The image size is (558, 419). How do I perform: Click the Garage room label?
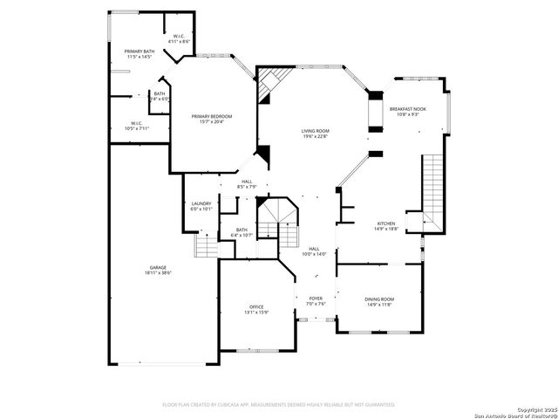(x=158, y=267)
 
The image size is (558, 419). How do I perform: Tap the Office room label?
(x=256, y=306)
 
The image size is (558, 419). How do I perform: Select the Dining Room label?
(x=379, y=299)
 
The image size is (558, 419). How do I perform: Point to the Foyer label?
(x=316, y=299)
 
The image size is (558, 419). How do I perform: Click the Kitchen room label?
(x=386, y=223)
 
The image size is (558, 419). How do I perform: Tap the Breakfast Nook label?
(x=408, y=109)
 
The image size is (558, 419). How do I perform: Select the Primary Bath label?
(x=139, y=52)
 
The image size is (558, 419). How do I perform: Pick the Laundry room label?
(x=201, y=204)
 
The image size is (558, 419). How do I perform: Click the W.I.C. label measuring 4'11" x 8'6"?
(x=178, y=37)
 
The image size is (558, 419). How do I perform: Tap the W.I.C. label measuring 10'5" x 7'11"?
(x=137, y=123)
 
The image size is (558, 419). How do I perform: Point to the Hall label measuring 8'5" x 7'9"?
(x=247, y=182)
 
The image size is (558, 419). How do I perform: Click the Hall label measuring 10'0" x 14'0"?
(x=314, y=249)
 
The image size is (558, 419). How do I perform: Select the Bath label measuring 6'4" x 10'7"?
(x=242, y=230)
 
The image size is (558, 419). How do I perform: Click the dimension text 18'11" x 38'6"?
(x=158, y=272)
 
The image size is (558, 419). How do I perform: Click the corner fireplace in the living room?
(x=269, y=84)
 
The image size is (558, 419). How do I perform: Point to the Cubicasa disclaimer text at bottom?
(x=279, y=404)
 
